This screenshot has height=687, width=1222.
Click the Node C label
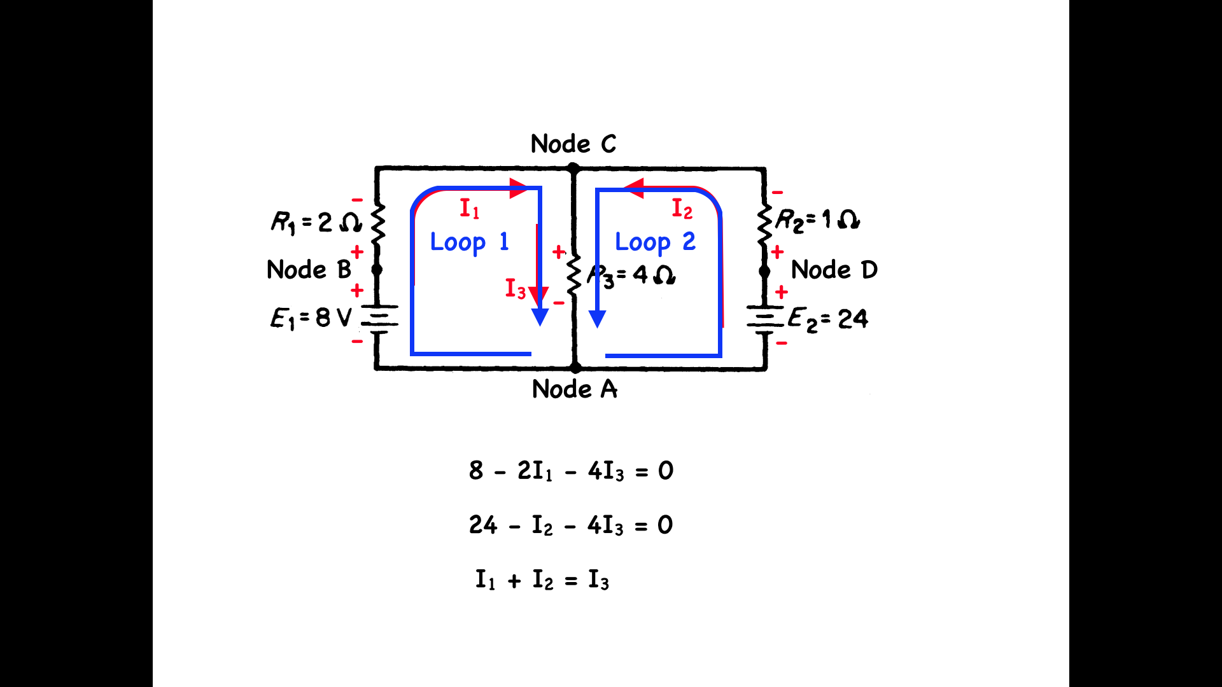click(573, 144)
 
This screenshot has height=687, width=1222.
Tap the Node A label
click(575, 389)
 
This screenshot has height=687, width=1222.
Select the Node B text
click(309, 270)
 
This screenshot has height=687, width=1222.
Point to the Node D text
click(834, 270)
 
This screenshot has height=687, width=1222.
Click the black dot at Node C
click(573, 169)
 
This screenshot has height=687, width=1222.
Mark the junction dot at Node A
click(575, 368)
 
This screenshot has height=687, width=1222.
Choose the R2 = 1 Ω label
click(818, 220)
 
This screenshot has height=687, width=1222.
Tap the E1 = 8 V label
click(311, 318)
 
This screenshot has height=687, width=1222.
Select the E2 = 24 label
click(828, 319)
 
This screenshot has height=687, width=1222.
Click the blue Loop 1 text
click(470, 242)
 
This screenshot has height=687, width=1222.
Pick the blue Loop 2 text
click(656, 242)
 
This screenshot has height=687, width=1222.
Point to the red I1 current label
click(470, 209)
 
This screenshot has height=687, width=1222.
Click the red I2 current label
click(682, 209)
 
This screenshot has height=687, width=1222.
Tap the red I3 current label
click(516, 289)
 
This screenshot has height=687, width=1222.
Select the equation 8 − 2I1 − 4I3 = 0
click(572, 471)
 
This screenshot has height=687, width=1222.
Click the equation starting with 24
click(571, 525)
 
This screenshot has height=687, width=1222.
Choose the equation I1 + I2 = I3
click(542, 580)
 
